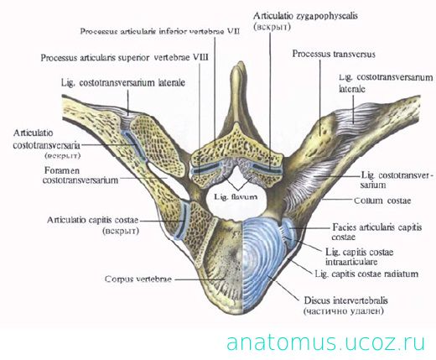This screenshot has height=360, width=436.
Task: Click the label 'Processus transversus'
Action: (334, 54)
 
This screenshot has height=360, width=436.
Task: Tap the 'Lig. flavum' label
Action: (236, 196)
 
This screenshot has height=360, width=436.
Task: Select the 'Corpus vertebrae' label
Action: (138, 279)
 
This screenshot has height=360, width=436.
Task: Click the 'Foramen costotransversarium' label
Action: (80, 175)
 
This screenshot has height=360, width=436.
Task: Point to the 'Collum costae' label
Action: (382, 201)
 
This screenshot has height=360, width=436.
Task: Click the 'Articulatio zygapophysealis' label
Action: (305, 16)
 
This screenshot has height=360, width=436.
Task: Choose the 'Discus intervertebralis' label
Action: (346, 300)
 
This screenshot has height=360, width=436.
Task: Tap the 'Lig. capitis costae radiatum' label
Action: (366, 274)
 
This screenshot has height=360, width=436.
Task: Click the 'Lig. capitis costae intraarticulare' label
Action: (360, 257)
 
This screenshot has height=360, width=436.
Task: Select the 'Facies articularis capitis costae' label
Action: (376, 232)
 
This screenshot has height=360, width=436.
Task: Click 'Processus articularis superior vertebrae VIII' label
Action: (125, 58)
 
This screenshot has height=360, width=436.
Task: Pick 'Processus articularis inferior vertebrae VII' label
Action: (160, 31)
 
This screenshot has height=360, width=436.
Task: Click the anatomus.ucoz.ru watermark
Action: (326, 342)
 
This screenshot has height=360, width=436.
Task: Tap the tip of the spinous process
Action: (238, 64)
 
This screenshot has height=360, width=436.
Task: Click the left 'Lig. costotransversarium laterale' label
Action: (123, 83)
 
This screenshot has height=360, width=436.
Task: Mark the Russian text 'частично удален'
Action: (343, 311)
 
